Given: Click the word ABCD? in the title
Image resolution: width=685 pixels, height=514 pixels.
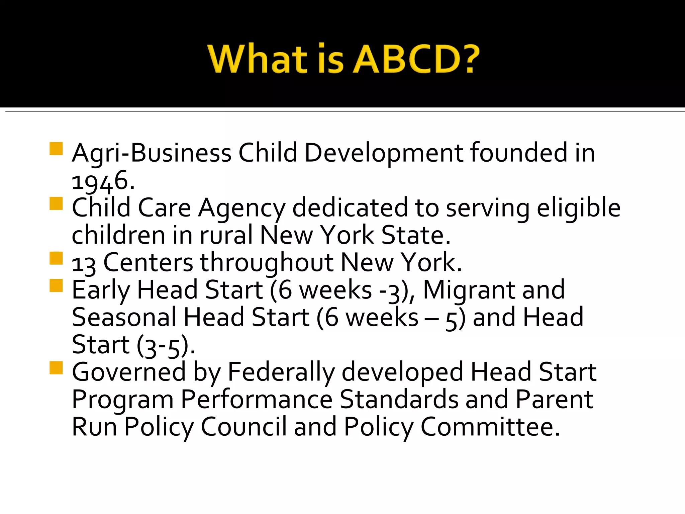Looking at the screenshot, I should coord(416,60).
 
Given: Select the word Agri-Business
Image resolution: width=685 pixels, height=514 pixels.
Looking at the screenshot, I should coord(152,153).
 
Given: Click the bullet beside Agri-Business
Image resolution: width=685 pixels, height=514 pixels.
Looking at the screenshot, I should coord(56,149).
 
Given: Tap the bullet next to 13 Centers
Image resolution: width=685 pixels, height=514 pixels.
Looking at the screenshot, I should coord(56,258).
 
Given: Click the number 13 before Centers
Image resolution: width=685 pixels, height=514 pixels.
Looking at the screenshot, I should coord(84,264).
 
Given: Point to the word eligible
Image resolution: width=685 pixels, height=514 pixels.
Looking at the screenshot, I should coord(579,208).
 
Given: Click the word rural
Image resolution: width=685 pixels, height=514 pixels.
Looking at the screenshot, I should coord(226,235).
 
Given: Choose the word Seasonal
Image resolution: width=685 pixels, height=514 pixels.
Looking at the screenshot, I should coord(124,317).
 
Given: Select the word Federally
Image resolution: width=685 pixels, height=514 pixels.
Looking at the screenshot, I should coord(281,372).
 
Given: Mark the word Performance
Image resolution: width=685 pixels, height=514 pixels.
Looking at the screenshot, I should coord(257,400).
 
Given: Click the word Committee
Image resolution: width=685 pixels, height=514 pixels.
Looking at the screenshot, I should coord(490,427).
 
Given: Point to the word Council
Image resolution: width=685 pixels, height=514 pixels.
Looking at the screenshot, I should coord(243,427).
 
